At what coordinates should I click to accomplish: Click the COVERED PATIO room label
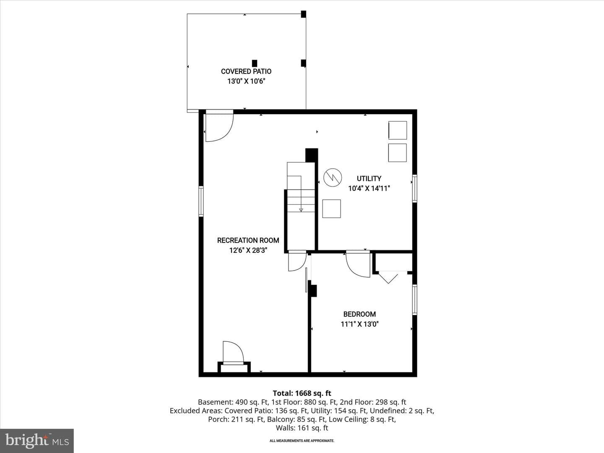246,71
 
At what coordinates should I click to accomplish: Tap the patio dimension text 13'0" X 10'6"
246,81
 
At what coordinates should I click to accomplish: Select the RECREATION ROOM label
248,240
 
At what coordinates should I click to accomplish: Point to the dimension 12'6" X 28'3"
248,250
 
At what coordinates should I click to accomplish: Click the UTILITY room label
369,179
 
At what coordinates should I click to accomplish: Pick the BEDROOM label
359,314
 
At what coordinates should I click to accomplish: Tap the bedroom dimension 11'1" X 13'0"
359,324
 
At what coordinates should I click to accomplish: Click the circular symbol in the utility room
333,177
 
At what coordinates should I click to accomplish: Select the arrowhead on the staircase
301,210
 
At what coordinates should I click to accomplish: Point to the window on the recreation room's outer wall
201,201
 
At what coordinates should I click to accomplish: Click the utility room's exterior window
414,188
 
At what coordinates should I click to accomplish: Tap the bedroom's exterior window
414,299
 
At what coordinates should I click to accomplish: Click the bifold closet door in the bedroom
388,277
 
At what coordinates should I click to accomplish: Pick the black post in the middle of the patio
255,63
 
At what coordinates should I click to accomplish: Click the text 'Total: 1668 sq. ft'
302,393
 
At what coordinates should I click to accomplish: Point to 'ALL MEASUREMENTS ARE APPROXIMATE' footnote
302,440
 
